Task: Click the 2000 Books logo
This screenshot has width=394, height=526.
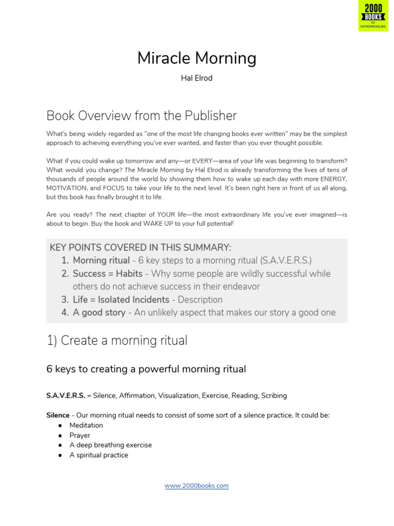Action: (x=373, y=16)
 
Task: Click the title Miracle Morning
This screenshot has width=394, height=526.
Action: (x=196, y=59)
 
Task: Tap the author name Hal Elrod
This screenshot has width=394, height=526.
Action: (x=196, y=79)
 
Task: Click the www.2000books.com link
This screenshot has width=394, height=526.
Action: (x=196, y=485)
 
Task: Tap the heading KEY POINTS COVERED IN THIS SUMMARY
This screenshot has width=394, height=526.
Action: (x=140, y=248)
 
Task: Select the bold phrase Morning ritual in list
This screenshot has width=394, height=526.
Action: (x=101, y=260)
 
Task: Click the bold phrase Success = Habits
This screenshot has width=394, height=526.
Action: (x=108, y=274)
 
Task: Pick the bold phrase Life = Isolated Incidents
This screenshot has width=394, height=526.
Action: (x=121, y=299)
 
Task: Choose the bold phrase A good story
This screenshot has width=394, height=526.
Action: (x=99, y=312)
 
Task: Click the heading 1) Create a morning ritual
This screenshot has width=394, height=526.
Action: (x=117, y=340)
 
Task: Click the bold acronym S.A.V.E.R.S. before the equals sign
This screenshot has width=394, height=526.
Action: (x=66, y=396)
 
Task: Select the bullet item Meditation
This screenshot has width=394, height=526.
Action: (x=86, y=425)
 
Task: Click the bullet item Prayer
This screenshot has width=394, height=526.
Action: (x=80, y=435)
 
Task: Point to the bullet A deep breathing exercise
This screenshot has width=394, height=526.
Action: (x=111, y=445)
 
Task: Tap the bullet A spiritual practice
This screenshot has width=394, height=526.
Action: (x=99, y=455)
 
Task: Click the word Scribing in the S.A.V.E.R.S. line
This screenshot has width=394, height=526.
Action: (x=274, y=396)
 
